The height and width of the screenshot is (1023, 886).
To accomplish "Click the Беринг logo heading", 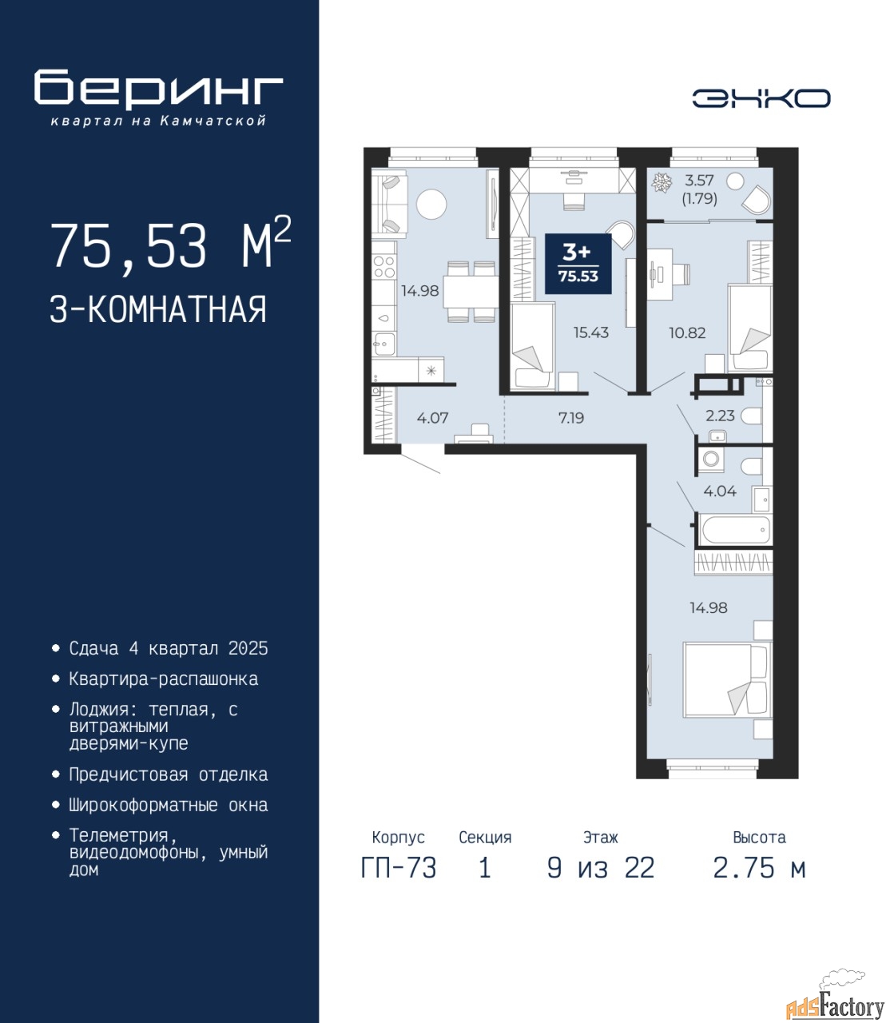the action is click(x=158, y=90).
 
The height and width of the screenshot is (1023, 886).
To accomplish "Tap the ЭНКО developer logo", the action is click(x=761, y=98).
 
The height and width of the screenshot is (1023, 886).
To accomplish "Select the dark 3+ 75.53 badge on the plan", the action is click(x=578, y=263).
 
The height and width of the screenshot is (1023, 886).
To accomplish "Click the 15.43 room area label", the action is click(x=591, y=332).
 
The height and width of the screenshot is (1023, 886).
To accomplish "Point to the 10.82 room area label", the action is click(x=687, y=332).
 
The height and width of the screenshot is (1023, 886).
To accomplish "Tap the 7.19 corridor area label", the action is click(x=571, y=418).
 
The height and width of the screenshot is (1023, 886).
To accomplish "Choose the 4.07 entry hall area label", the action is click(x=432, y=418).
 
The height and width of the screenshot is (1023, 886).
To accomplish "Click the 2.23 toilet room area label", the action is click(x=720, y=416).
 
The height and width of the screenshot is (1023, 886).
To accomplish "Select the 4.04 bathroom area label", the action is click(x=720, y=491).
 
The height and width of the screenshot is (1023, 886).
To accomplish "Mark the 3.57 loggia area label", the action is click(x=699, y=180).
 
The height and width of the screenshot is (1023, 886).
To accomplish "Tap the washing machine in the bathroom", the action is click(x=711, y=459).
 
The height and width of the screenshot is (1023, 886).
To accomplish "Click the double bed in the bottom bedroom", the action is click(x=727, y=679).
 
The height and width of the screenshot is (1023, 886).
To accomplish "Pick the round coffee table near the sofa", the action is click(x=431, y=205).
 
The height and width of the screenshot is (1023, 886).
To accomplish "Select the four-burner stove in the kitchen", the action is click(x=384, y=266).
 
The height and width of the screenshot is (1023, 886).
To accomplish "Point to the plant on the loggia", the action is click(x=662, y=182).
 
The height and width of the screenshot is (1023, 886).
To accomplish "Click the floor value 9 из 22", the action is click(x=601, y=868).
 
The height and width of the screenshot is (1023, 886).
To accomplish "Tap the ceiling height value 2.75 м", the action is click(x=759, y=868).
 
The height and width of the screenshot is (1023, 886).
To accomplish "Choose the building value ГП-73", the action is click(x=399, y=868).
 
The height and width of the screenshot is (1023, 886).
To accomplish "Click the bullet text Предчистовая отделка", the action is click(x=169, y=774).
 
